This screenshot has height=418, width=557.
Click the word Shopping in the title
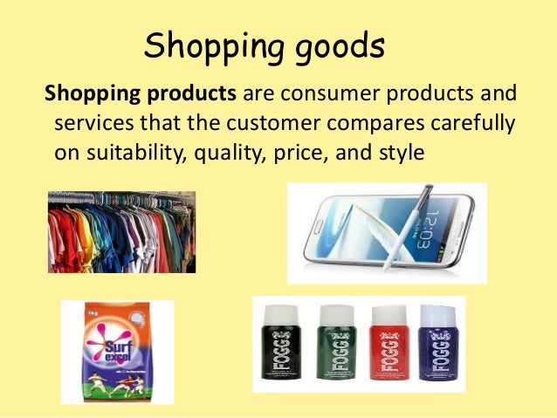tap(207, 46)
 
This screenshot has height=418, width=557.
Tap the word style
tap(400, 152)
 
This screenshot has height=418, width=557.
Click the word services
tap(92, 122)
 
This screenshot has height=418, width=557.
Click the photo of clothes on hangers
tap(121, 232)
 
